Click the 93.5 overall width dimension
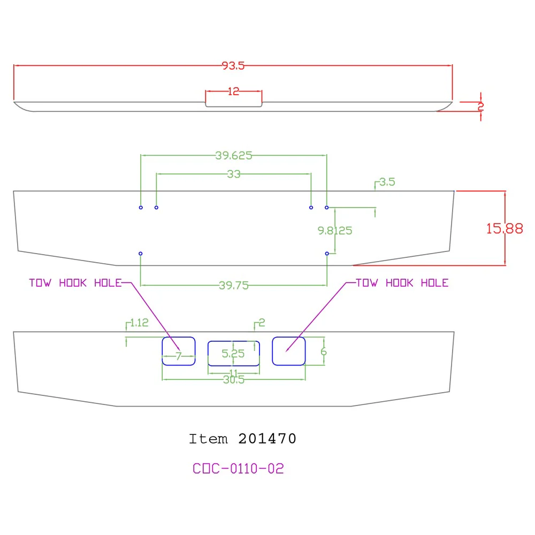point(233,65)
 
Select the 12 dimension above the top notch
point(233,91)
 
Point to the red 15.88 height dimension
point(505,228)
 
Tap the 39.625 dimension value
point(234,156)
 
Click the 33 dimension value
point(234,174)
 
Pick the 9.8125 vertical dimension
point(335,231)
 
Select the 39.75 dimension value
point(234,285)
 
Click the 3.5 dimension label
point(387,182)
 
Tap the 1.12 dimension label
point(139,323)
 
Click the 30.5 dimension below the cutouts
point(234,380)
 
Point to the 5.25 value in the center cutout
point(233,354)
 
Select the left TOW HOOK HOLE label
point(75,283)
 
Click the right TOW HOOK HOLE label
point(402,283)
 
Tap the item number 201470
point(267,439)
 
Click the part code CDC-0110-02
point(238,469)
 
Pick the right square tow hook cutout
point(289,337)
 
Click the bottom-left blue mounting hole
point(140,254)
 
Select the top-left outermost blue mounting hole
point(141,208)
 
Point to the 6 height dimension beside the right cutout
point(324,351)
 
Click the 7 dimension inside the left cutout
point(179,356)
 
